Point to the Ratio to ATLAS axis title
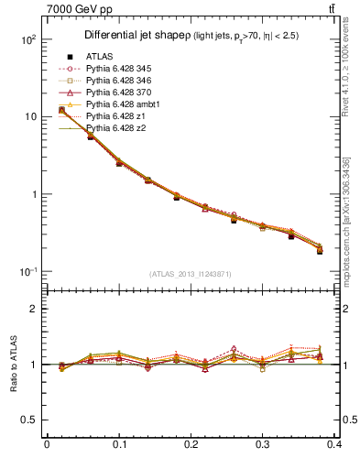[14, 364]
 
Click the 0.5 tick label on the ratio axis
[28, 420]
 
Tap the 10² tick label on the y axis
[27, 40]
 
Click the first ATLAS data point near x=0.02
[61, 110]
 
